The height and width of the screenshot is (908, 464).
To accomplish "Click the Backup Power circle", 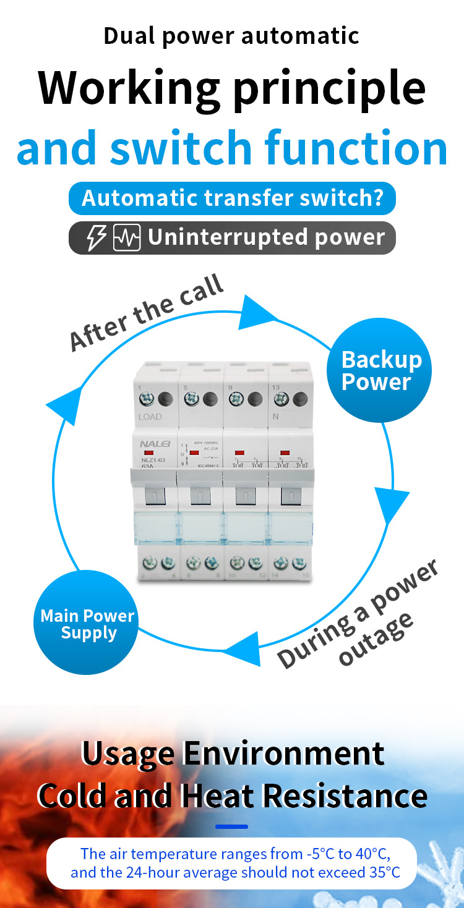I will click(379, 370).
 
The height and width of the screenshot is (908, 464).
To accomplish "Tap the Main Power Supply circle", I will click(86, 623).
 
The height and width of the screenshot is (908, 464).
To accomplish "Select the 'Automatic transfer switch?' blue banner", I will click(232, 198).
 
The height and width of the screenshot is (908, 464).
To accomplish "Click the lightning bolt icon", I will click(96, 238).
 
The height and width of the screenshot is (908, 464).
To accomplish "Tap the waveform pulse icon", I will click(127, 238).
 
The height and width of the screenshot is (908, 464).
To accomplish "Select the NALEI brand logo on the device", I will click(150, 444).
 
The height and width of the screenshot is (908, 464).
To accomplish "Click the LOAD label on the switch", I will click(150, 417).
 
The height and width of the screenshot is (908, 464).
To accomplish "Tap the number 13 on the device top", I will click(275, 388).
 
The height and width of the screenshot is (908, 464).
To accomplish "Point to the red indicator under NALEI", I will click(149, 454).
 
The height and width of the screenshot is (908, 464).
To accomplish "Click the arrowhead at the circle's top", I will click(255, 312).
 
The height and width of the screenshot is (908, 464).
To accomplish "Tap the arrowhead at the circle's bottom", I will click(241, 649).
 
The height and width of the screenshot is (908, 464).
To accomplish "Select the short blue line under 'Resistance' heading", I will click(231, 826).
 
